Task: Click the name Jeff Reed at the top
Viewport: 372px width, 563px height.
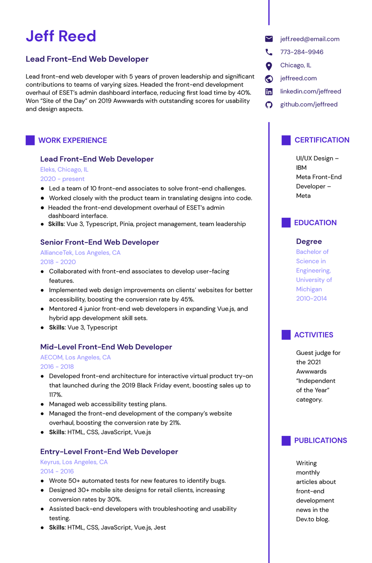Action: pos(61,36)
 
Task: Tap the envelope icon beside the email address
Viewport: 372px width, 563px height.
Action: pos(269,39)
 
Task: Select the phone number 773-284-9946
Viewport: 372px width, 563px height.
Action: pos(302,52)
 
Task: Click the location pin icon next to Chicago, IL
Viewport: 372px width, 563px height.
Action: pos(269,66)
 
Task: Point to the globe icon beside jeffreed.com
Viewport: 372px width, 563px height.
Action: pos(269,79)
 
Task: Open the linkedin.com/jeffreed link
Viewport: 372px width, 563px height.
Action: pos(311,91)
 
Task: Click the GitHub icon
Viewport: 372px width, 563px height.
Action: pos(269,105)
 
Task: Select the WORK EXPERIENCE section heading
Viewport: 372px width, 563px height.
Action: pos(72,140)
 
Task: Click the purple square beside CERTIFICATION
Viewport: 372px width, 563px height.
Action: pos(286,140)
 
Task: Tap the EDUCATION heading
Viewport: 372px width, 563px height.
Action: pos(315,223)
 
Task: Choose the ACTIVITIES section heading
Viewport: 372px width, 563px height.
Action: pos(313,335)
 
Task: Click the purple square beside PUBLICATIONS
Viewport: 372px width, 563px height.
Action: pos(286,441)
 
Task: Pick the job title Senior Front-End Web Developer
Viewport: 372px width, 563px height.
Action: pos(99,243)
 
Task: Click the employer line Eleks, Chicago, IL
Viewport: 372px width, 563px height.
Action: pos(64,169)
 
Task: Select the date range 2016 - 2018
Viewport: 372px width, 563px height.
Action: pos(57,366)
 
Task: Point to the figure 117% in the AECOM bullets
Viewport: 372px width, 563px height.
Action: pos(56,395)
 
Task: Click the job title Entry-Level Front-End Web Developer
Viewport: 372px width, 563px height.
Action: pos(109,452)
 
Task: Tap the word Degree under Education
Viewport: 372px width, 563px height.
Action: pos(309,242)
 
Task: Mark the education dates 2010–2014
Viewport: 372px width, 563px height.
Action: pos(311,298)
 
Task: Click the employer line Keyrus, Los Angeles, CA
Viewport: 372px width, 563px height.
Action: pos(74,462)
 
